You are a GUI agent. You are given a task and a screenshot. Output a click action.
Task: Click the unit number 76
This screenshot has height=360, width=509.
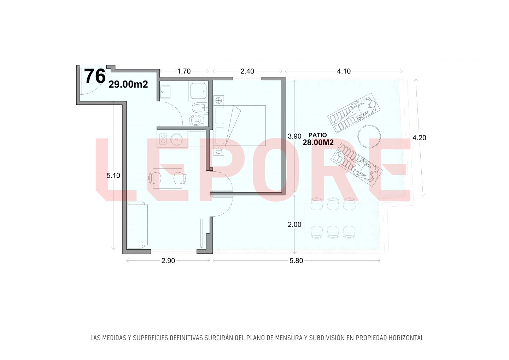tap(95, 76)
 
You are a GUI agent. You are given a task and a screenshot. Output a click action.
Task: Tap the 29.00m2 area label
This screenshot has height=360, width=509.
tap(128, 84)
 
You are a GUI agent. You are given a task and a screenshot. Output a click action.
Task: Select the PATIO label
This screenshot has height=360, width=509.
tap(318, 135)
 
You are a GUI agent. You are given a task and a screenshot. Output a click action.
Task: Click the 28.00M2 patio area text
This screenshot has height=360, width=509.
tap(318, 143)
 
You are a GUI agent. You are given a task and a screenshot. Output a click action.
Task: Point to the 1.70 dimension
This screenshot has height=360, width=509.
tap(184, 71)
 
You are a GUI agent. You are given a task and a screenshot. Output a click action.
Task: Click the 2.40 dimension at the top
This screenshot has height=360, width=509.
tap(247, 71)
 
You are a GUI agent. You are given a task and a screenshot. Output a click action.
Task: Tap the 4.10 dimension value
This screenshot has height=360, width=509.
tap(344, 71)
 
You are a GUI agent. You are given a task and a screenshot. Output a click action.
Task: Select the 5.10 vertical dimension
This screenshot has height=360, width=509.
tap(113, 176)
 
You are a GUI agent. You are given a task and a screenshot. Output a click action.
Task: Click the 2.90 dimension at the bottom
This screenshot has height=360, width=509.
tap(168, 261)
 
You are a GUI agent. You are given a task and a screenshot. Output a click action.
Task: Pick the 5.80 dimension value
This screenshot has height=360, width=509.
tap(296, 261)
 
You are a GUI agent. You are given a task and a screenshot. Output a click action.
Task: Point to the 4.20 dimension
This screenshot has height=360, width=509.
tap(419, 138)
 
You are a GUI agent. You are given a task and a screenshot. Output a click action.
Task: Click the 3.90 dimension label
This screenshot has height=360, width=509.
tap(294, 136)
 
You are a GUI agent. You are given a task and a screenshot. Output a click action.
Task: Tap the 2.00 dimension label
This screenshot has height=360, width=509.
tap(294, 224)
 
